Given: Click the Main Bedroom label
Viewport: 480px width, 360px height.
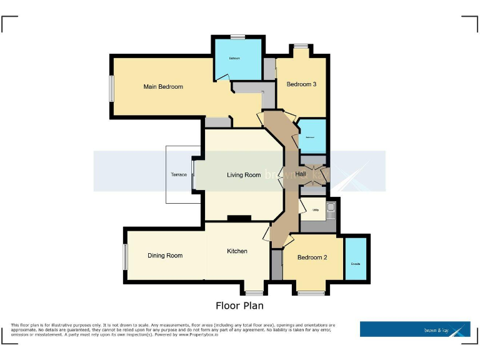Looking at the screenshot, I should coord(163,87).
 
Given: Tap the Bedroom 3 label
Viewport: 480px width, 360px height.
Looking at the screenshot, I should coord(301,84).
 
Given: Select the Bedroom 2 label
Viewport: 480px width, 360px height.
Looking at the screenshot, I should coord(312,257).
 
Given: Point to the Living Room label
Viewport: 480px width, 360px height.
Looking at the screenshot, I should coord(244,175).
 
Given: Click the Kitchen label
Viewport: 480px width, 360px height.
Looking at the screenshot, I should coord(237,251).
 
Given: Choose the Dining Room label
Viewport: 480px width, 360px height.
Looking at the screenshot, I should coord(165,256).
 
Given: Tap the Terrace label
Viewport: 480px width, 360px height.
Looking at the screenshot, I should coord(179,175).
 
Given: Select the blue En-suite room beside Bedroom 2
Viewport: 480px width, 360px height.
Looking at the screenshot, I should coord(356,259).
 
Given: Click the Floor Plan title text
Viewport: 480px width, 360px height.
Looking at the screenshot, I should coord(239,306).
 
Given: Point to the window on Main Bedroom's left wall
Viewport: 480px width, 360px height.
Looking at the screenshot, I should coord(112,89).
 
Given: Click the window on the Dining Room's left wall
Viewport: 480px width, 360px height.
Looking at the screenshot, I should coord(125,256).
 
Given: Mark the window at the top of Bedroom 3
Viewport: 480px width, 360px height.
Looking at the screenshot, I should coord(301,46).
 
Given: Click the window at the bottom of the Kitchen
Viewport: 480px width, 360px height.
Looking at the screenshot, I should coord(254,292).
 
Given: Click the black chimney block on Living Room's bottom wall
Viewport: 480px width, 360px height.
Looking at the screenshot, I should coord(239,218).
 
